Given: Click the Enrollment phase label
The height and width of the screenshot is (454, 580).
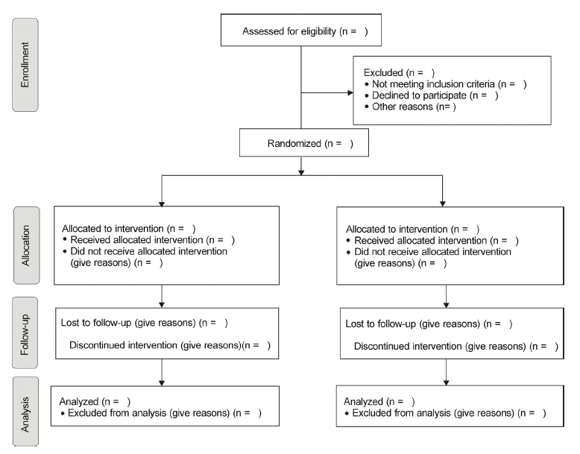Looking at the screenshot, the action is pyautogui.click(x=25, y=65).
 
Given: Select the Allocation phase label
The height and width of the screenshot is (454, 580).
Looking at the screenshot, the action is pyautogui.click(x=26, y=245).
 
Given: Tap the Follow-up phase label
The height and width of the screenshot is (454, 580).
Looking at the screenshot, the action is pyautogui.click(x=25, y=332).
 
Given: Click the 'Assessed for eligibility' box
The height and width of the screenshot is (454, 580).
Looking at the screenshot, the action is pyautogui.click(x=301, y=31).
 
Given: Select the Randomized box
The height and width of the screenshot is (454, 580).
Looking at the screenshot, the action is pyautogui.click(x=304, y=143).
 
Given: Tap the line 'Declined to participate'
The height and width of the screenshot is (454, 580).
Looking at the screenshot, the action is pyautogui.click(x=419, y=95).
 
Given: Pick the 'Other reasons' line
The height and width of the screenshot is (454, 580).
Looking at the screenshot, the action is pyautogui.click(x=403, y=107).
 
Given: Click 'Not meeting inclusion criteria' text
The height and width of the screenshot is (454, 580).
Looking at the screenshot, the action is pyautogui.click(x=433, y=84).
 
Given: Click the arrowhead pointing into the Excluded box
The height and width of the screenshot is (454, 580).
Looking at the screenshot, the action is pyautogui.click(x=350, y=92).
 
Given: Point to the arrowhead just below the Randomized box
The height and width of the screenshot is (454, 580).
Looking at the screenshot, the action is pyautogui.click(x=301, y=172).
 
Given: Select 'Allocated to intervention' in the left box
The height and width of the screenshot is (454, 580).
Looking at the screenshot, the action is pyautogui.click(x=113, y=229).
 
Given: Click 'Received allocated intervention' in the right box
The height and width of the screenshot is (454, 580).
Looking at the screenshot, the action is pyautogui.click(x=420, y=241).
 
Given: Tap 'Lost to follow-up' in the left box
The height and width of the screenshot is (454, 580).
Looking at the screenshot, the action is pyautogui.click(x=96, y=323).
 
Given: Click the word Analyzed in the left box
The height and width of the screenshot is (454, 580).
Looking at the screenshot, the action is pyautogui.click(x=79, y=402).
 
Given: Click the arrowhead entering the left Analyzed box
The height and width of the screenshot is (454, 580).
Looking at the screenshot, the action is pyautogui.click(x=162, y=383).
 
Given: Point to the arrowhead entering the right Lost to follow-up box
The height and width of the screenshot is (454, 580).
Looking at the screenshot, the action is pyautogui.click(x=446, y=305).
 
